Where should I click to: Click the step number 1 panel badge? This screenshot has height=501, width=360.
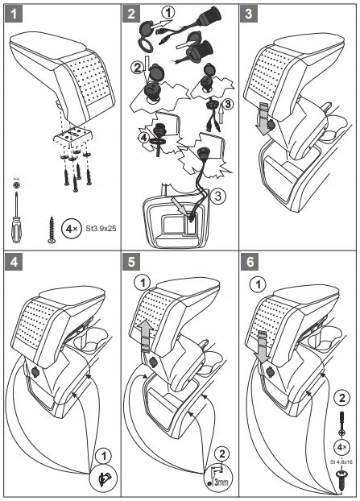click(x=14, y=14)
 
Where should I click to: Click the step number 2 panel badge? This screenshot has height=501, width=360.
click(x=131, y=14)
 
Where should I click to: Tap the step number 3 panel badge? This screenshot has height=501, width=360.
click(x=249, y=14)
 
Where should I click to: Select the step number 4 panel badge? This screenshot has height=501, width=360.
click(x=14, y=262)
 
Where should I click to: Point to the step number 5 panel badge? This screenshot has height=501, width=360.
click(x=131, y=262)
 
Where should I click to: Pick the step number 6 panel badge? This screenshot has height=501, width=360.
click(x=250, y=262)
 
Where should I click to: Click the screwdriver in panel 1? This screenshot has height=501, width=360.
click(x=16, y=217)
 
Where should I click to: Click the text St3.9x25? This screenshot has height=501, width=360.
click(x=101, y=229)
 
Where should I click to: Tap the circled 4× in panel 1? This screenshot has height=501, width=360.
click(x=71, y=229)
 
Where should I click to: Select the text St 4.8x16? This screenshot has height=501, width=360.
click(x=341, y=462)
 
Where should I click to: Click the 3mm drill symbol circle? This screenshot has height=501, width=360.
click(x=218, y=478)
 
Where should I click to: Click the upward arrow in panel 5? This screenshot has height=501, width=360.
click(x=146, y=337)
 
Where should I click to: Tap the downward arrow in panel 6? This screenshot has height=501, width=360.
click(x=263, y=347)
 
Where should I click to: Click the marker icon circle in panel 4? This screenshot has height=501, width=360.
click(x=104, y=478)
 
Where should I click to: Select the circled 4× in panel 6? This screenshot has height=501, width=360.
click(x=341, y=447)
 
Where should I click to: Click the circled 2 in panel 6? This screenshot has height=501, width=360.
click(x=341, y=398)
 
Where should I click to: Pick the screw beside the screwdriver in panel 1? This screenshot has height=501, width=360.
click(x=52, y=229)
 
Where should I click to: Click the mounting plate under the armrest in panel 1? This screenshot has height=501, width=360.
click(x=72, y=135)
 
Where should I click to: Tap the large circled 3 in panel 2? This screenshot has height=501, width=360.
click(x=218, y=196)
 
